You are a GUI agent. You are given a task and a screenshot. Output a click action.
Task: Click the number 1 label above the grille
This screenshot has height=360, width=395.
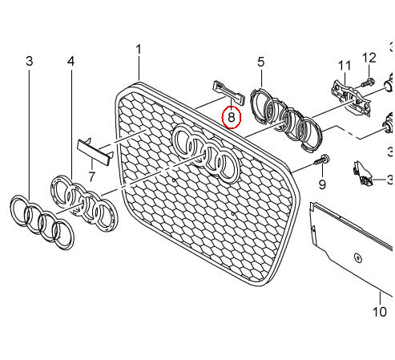pos(138,50)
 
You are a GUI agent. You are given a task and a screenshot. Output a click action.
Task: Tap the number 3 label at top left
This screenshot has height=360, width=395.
pos(30,61)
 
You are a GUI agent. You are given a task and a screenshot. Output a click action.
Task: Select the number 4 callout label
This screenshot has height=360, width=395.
pos(71,61)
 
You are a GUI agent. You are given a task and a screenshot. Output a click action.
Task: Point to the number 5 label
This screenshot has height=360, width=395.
pos(260,61)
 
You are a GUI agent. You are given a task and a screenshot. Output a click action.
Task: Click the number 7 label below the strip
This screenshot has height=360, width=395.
pos(91,175)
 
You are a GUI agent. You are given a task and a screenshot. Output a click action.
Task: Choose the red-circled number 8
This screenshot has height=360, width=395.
pos(231,118)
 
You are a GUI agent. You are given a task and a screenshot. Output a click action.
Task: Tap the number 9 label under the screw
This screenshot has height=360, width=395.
pos(322,184)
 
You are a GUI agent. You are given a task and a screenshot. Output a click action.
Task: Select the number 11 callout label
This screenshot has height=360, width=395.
pos(344,65)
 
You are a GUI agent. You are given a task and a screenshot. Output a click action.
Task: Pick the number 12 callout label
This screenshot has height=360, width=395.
pos(369,57)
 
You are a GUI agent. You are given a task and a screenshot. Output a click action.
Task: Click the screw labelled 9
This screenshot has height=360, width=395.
pos(321,163)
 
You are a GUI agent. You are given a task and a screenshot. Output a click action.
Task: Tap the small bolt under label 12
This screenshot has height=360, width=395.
pos(369,82)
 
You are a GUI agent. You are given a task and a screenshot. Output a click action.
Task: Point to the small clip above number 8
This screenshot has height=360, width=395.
pos(225,91)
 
